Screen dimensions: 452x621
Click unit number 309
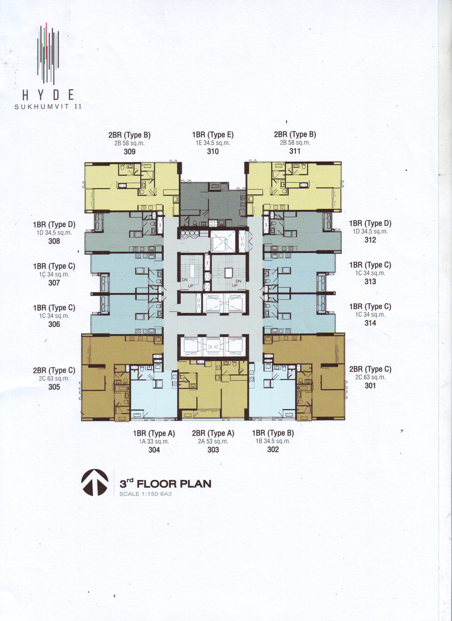point(130,151)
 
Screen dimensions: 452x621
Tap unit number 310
point(213,151)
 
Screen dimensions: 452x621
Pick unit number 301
point(370,386)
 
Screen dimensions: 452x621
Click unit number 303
point(213,450)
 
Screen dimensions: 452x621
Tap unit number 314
point(370,323)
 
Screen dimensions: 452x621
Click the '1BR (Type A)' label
point(154,433)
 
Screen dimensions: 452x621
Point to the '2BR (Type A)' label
point(213,433)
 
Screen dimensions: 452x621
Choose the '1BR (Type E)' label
point(213,135)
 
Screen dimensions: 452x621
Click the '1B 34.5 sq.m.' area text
point(273,441)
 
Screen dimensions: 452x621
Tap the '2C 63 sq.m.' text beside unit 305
point(54,378)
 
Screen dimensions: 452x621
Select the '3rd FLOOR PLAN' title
point(165,484)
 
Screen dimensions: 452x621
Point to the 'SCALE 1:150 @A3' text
point(145,494)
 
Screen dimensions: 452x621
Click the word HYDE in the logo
point(48,95)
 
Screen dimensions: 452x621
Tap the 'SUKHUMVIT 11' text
point(48,107)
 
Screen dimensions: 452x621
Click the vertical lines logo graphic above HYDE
point(48,53)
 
